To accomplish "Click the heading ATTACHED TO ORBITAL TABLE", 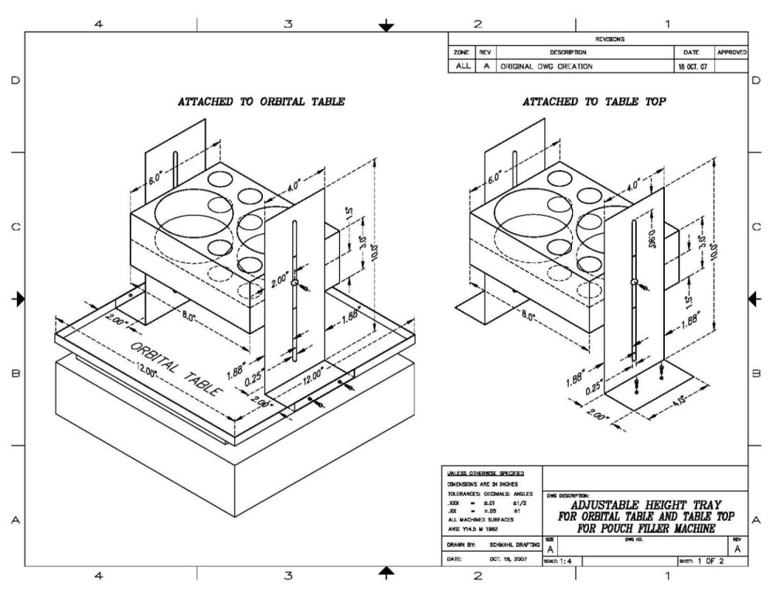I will click(261, 101).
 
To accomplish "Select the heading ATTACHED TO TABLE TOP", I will click(594, 101).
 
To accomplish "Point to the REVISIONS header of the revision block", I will click(610, 39).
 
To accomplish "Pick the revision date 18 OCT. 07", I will click(692, 67).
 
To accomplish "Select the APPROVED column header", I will click(731, 53).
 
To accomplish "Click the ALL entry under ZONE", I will click(462, 67).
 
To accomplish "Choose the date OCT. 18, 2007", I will click(507, 559).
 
